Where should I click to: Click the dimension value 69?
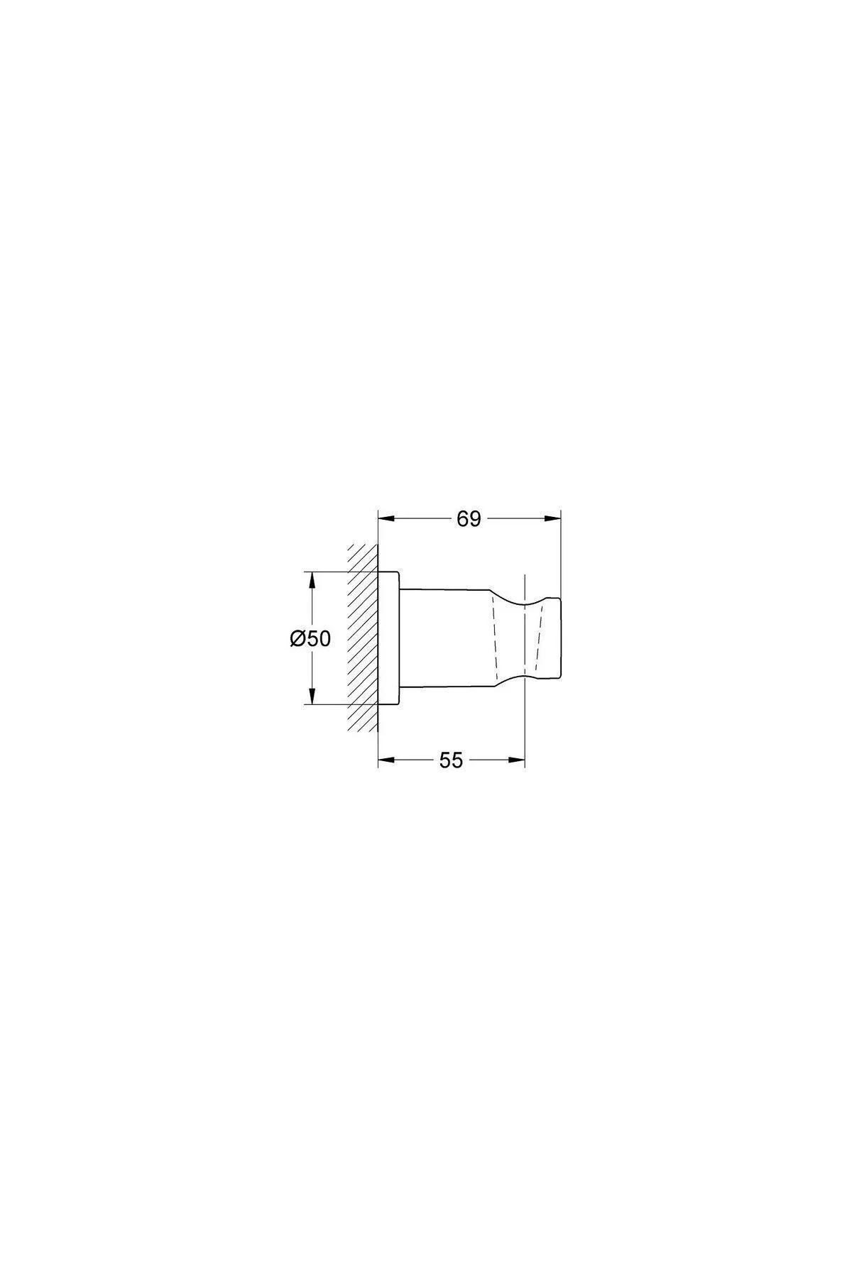tap(469, 519)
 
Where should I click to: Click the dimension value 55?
tap(451, 760)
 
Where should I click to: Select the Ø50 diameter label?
tap(310, 639)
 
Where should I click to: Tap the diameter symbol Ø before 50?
tap(297, 639)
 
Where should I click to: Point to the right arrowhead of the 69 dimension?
tap(552, 519)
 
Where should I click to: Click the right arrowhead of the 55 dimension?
tap(516, 760)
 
